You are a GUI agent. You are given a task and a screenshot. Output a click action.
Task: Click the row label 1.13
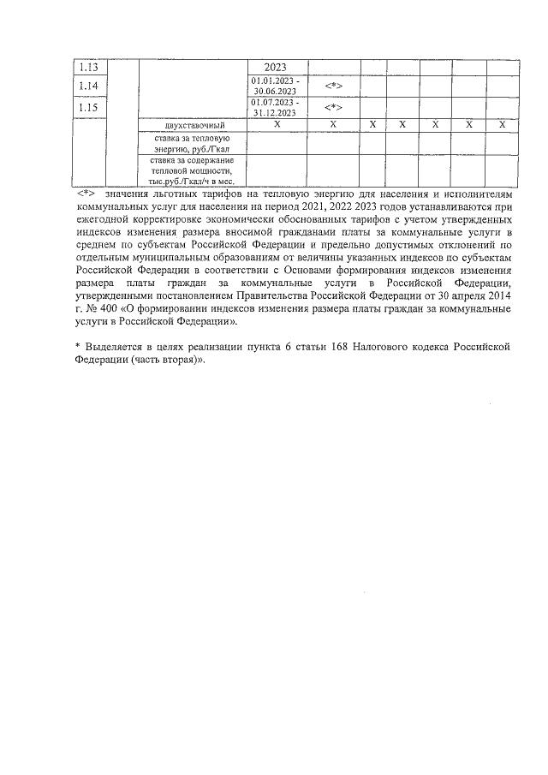[x=87, y=68]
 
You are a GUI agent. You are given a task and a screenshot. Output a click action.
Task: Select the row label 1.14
[x=87, y=86]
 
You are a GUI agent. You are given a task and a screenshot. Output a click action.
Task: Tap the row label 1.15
[x=87, y=108]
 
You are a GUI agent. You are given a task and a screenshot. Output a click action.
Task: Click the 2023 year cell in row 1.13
[x=275, y=68]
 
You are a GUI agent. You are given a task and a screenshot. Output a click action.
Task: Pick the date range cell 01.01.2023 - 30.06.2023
[x=275, y=86]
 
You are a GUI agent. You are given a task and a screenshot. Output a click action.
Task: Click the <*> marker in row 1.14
[x=333, y=86]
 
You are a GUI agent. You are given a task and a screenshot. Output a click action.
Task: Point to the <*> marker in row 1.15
[x=333, y=108]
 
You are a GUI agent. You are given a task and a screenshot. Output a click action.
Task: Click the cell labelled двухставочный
[x=190, y=125]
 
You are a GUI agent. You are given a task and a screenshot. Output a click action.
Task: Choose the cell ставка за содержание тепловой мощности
[x=190, y=170]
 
